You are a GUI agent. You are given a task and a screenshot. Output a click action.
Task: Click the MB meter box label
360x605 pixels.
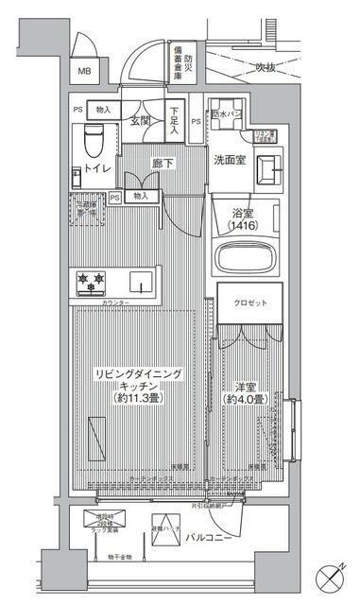[x=84, y=72]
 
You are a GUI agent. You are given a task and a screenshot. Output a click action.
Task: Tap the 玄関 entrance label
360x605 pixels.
[x=141, y=121]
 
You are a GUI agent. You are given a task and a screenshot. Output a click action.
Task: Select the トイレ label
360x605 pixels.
[x=100, y=168]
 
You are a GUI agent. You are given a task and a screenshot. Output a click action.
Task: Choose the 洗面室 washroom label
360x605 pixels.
[x=229, y=160]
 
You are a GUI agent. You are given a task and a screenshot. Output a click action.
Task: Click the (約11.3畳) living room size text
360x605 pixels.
[x=138, y=399]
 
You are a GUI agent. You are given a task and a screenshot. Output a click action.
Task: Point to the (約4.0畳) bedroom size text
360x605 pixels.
[x=246, y=399]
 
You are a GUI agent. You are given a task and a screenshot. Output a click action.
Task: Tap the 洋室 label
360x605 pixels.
[x=246, y=386]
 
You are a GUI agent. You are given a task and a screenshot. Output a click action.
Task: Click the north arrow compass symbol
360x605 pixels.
[x=330, y=575]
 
